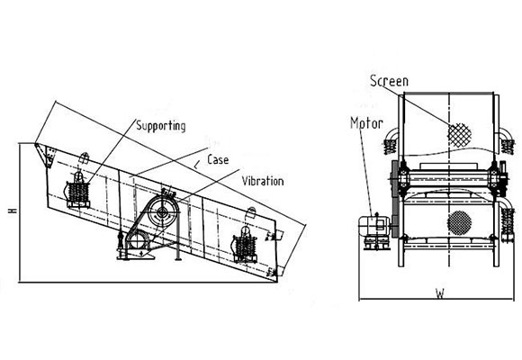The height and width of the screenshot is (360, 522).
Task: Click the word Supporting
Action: (161, 126)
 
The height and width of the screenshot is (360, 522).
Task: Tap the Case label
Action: (218, 159)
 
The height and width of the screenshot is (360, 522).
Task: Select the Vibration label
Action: (263, 181)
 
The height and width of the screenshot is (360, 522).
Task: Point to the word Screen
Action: (389, 81)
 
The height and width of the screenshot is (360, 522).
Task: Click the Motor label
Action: (366, 123)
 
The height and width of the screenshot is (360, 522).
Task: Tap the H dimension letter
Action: (13, 211)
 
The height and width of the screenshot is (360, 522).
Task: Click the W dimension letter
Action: (440, 293)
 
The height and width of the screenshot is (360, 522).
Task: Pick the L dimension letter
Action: (197, 165)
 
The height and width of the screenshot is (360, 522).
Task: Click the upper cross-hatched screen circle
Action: (459, 135)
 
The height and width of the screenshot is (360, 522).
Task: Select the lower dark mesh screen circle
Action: (459, 223)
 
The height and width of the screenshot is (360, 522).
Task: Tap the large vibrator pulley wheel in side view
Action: (162, 211)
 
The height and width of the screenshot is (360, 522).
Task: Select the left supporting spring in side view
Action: (78, 192)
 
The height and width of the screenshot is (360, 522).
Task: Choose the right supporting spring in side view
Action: (246, 247)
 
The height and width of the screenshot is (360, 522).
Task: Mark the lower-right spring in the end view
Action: (508, 220)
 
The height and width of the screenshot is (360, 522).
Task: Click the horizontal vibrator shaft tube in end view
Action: (448, 179)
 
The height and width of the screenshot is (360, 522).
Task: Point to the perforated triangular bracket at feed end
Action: (48, 156)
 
